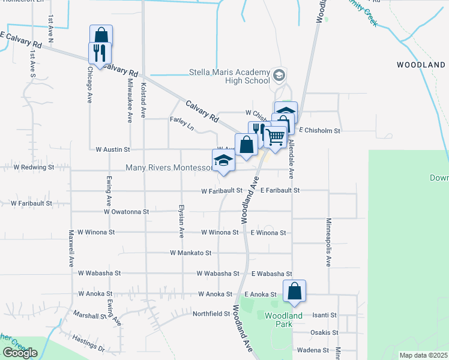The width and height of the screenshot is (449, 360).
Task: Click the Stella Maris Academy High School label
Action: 229,76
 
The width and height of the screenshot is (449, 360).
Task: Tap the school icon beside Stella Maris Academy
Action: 279,76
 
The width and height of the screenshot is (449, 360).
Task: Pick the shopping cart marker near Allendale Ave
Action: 276,137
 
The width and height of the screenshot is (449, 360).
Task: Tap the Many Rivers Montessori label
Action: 168,168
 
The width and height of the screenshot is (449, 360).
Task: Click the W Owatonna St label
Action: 126,212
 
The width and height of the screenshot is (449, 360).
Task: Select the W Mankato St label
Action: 191,253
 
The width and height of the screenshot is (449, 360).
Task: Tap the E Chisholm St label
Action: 319,130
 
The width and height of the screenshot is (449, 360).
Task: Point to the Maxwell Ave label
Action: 71,248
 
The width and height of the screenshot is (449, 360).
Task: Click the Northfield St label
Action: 211,314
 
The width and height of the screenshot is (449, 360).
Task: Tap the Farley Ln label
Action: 182,124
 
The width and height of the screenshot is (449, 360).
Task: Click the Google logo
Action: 20,353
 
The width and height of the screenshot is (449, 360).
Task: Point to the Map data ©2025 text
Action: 423,355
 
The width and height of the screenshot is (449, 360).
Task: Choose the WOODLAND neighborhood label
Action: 421,65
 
